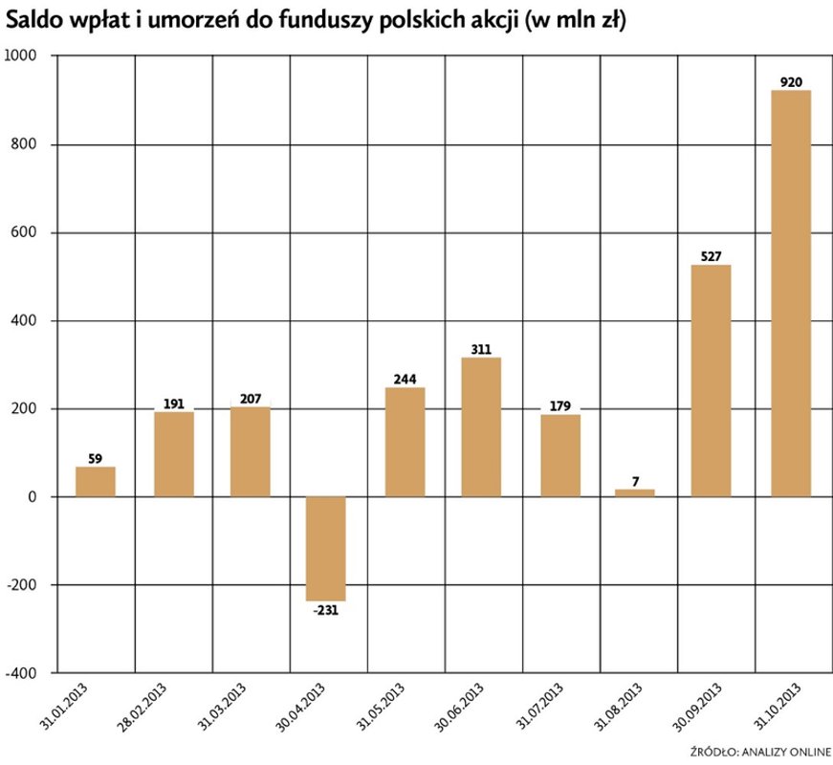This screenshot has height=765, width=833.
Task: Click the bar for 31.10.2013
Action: tap(791, 293)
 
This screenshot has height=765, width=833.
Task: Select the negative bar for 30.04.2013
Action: tap(326, 548)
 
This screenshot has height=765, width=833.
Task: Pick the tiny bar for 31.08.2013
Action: tap(634, 492)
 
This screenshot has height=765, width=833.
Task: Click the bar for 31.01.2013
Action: tap(96, 481)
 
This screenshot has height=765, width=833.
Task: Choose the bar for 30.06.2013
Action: tap(481, 426)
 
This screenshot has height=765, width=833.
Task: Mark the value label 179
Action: tap(559, 406)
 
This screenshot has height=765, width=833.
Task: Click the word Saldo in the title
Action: tap(33, 21)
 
